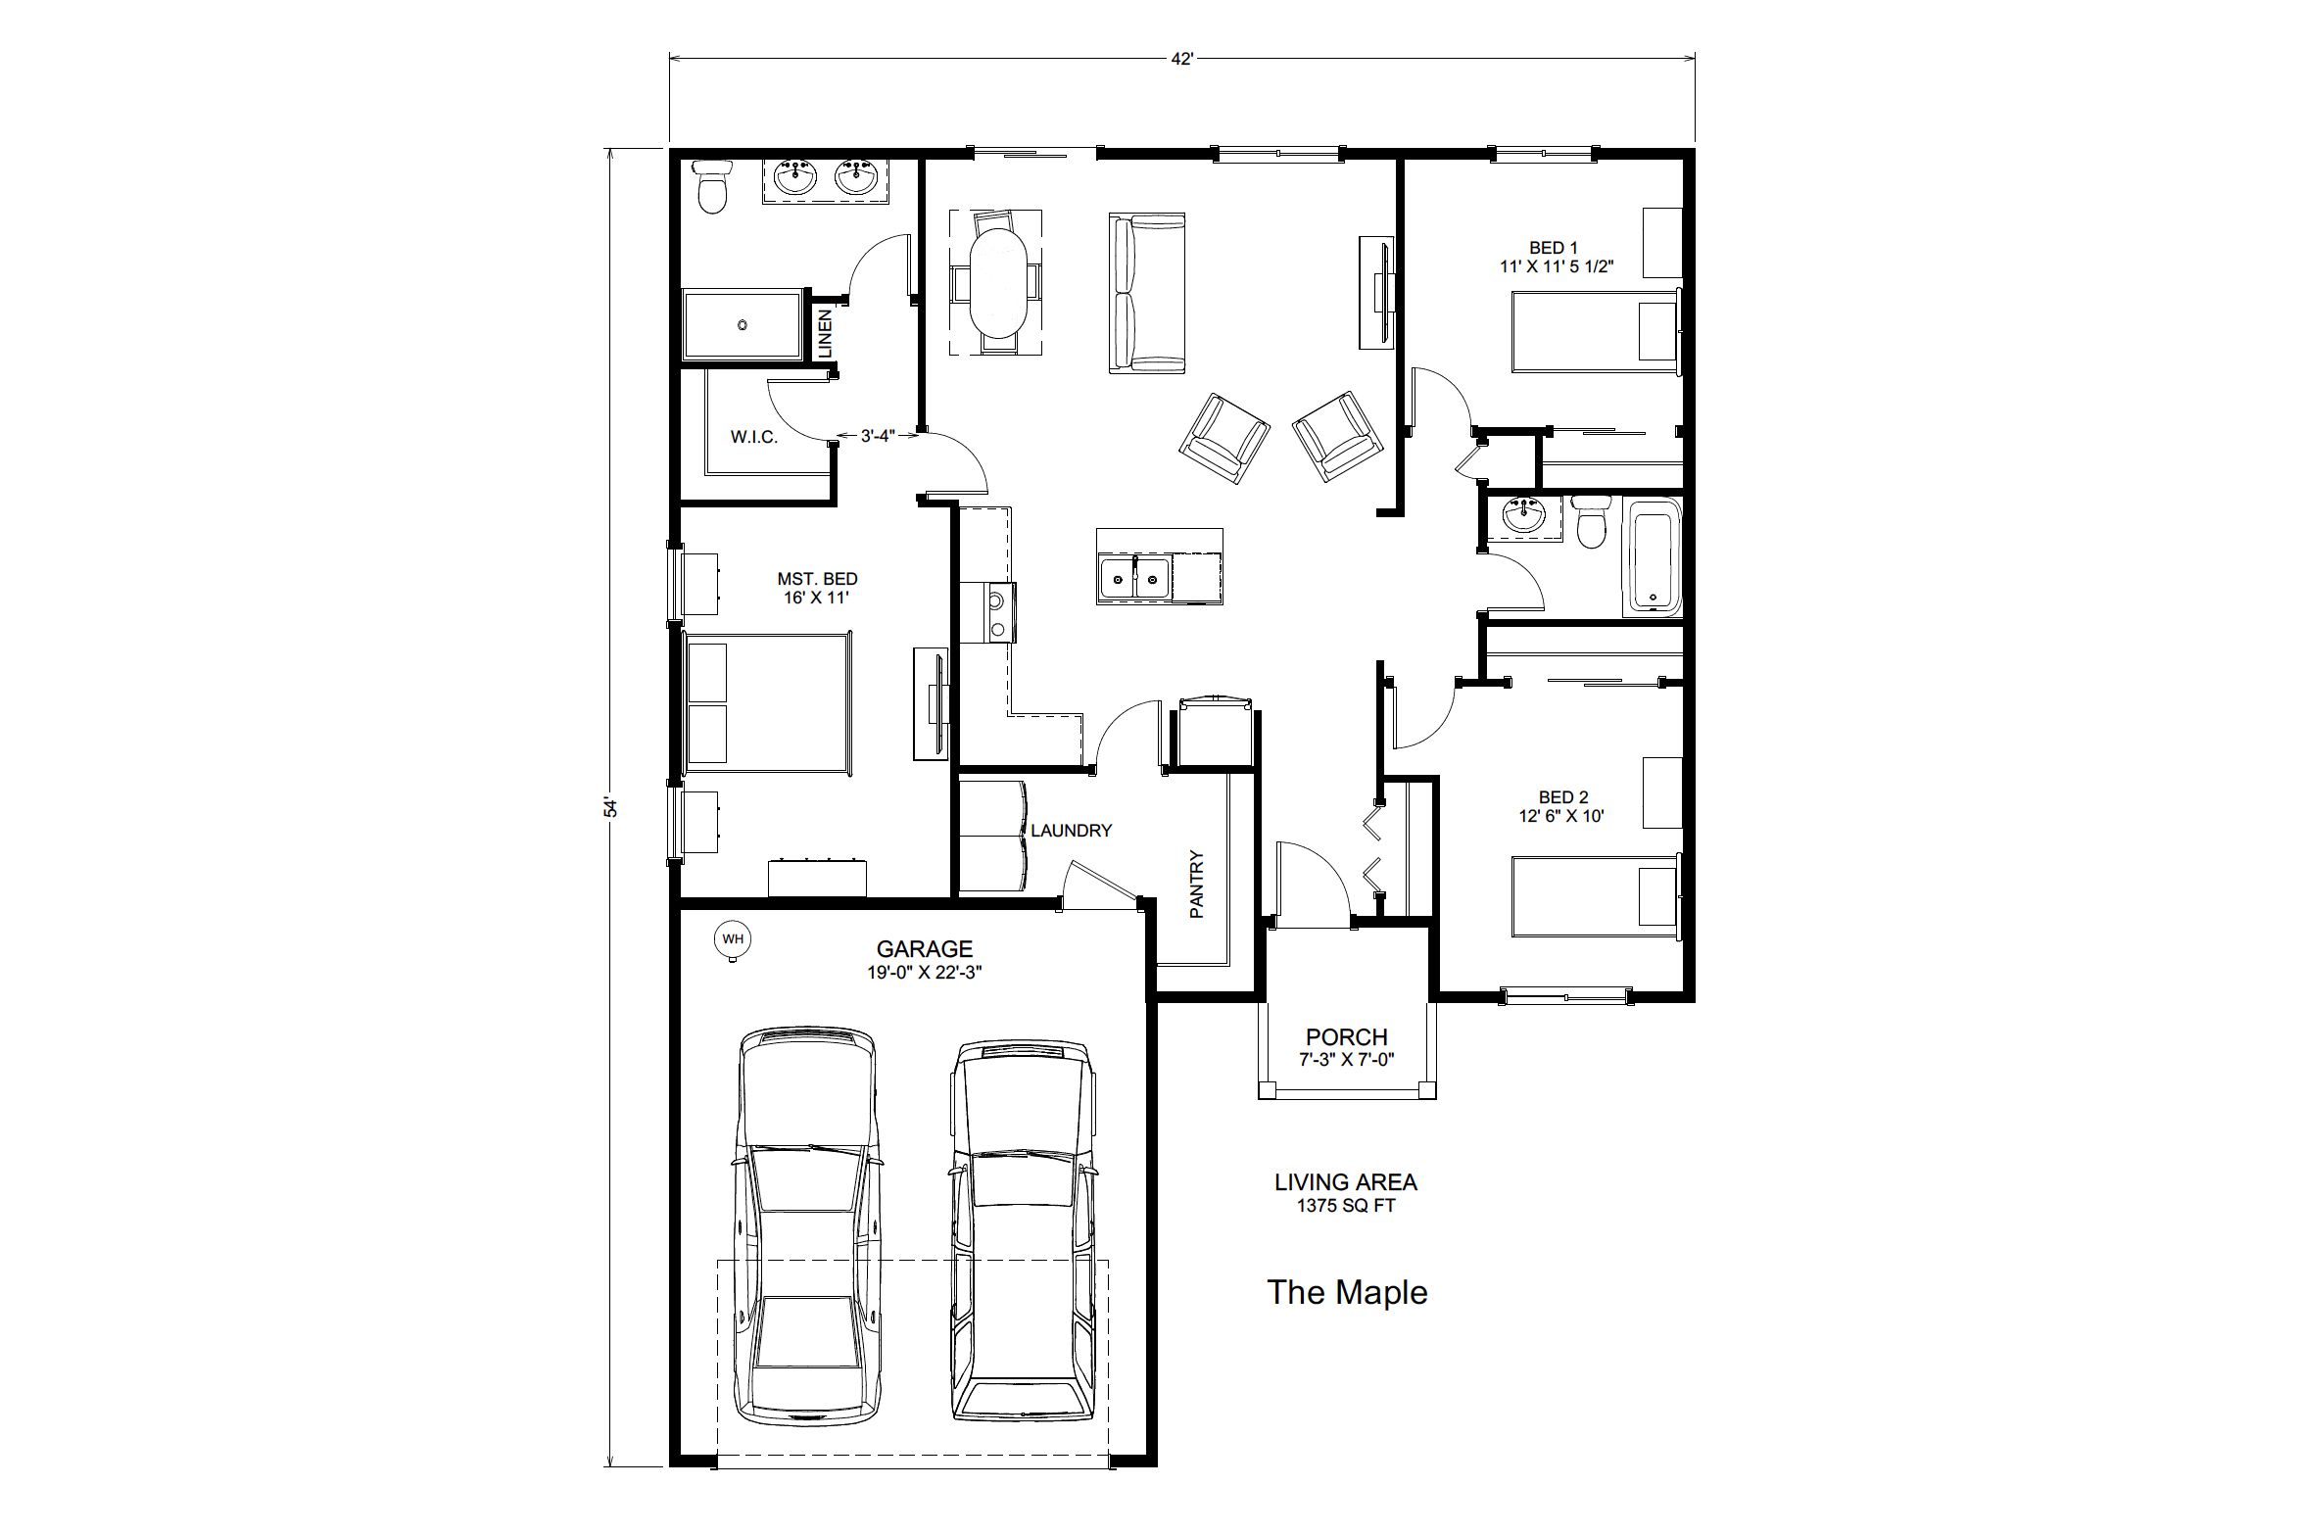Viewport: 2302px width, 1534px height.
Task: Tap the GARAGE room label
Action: [924, 949]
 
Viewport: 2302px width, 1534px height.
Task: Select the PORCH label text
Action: [1346, 1036]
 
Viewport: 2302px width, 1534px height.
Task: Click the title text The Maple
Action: [1347, 1292]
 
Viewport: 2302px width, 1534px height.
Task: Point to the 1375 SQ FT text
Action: [1346, 1206]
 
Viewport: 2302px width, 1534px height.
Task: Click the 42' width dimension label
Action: [1182, 59]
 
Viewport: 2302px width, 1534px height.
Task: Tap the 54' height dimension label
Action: [611, 807]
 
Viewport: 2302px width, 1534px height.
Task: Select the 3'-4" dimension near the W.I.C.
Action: [878, 436]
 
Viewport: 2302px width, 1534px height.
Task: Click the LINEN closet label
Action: [825, 333]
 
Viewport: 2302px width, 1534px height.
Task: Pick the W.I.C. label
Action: [754, 437]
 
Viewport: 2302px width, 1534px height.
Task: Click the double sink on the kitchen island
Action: [1135, 578]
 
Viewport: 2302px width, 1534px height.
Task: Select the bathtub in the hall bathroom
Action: [1652, 556]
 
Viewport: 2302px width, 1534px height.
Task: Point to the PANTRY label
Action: [1196, 884]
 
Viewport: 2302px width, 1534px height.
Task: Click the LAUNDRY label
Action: [1071, 831]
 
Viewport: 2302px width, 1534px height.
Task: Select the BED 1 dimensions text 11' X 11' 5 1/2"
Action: [1556, 265]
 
